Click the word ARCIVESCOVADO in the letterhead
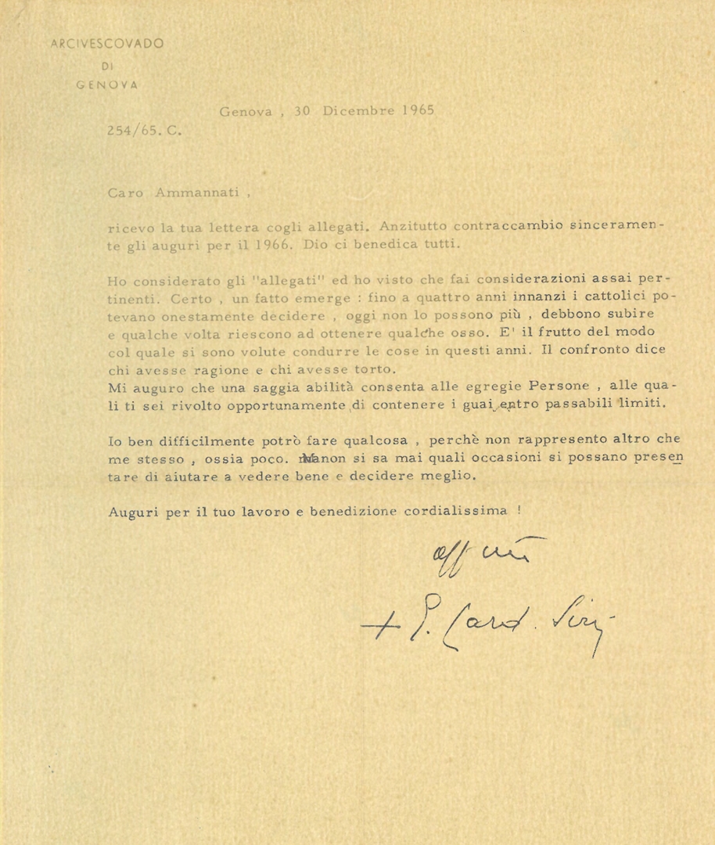[108, 44]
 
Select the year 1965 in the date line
[417, 110]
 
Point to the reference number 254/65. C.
[145, 131]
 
